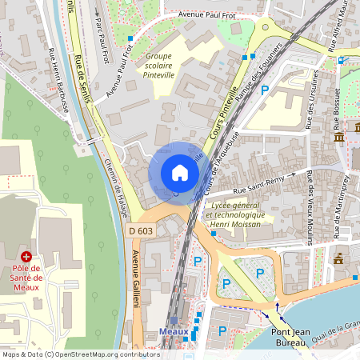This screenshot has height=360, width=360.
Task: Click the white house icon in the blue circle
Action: [x=180, y=173]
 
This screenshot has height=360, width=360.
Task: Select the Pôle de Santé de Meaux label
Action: [x=26, y=277]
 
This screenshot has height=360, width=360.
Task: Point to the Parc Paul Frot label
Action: [x=100, y=34]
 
